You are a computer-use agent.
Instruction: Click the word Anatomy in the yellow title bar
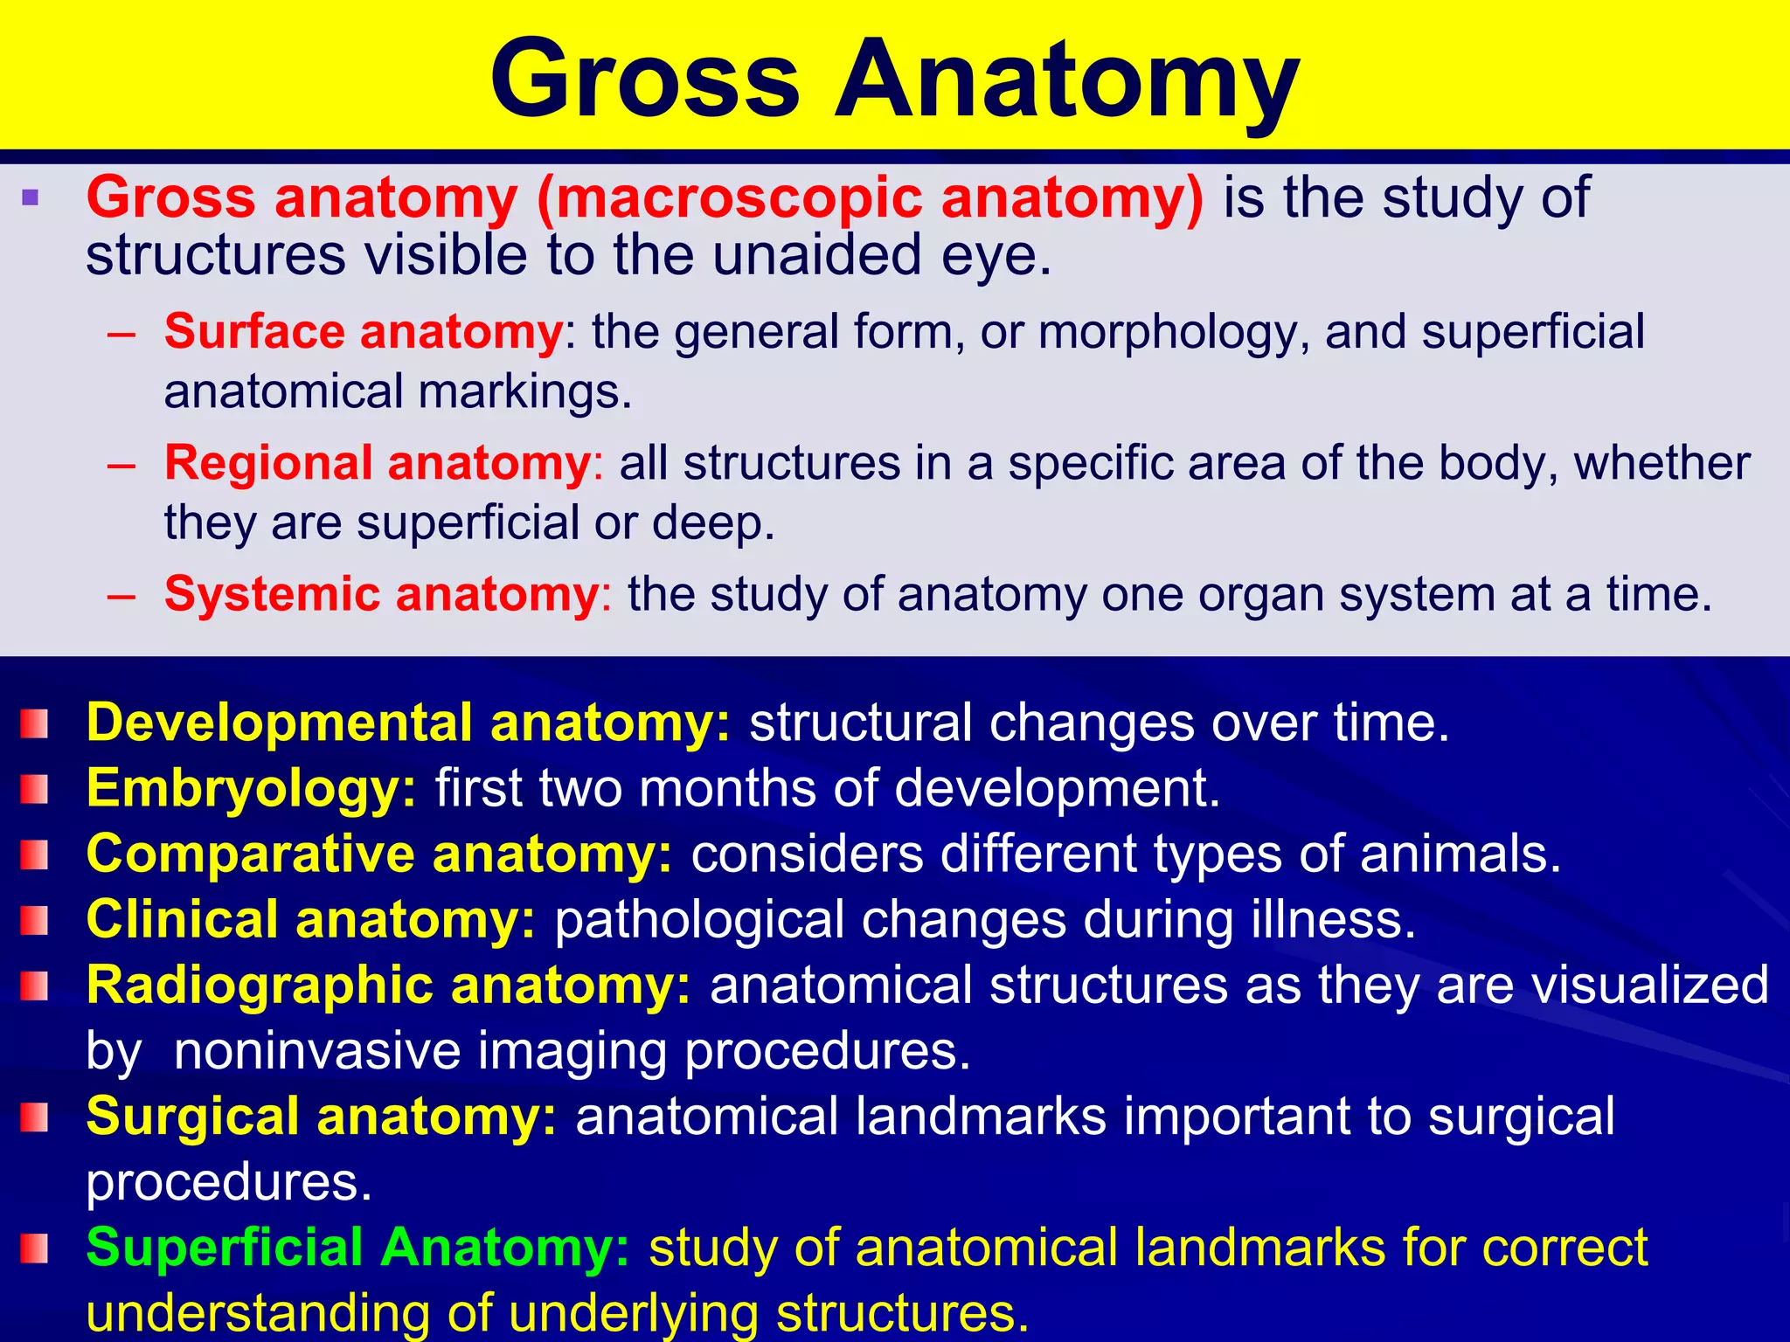pos(1066,80)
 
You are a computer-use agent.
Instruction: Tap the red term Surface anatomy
pos(364,332)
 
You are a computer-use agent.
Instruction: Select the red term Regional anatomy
pos(378,463)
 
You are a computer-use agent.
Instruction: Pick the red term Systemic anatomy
pos(382,594)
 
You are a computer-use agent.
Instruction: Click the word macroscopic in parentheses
pos(739,197)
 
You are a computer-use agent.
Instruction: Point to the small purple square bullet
pos(31,197)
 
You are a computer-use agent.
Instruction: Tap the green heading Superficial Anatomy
pos(357,1247)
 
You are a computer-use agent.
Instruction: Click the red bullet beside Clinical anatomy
pos(34,920)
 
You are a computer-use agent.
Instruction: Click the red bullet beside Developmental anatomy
pos(34,723)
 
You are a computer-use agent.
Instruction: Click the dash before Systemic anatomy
pos(121,596)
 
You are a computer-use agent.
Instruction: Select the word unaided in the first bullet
pos(818,255)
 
